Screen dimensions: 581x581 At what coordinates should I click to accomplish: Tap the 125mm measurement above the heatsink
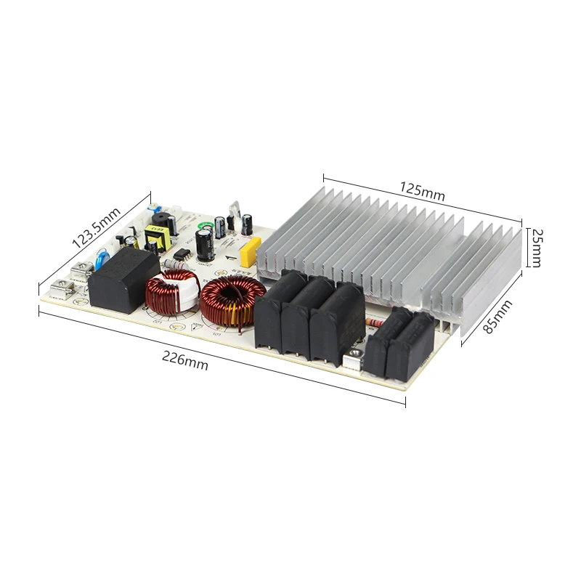421,192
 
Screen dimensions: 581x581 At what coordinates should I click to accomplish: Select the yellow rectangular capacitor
248,249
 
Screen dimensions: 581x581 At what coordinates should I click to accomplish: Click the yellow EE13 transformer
155,237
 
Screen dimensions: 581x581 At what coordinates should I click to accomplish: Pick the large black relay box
117,280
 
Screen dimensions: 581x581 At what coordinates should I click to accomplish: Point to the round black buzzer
157,219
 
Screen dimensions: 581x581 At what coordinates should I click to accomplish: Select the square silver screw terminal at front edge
354,355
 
